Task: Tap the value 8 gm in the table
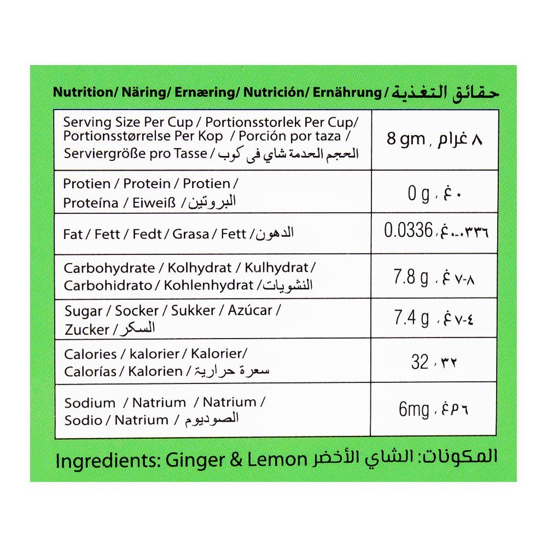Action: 406,139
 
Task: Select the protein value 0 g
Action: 418,194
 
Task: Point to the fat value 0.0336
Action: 409,231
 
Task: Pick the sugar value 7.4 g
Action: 411,318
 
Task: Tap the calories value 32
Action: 420,362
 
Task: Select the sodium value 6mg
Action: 414,410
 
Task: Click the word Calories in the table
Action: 90,354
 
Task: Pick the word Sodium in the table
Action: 90,403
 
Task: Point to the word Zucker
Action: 86,330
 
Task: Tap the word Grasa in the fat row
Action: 191,234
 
